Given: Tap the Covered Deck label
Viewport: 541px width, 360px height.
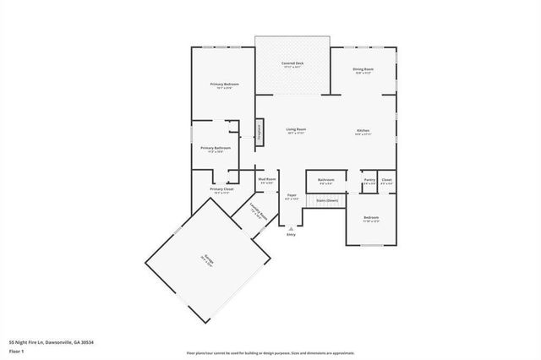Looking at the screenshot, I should point(292,64).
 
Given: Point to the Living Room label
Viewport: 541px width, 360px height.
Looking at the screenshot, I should point(296,129).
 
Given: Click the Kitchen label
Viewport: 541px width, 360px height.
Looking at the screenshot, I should point(363,130).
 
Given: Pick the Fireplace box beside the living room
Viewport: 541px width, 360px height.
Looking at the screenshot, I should point(260,130).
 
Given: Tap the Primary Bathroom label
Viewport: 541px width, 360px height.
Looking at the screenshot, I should point(216,149).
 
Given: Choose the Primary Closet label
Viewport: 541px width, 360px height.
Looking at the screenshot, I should point(222,189).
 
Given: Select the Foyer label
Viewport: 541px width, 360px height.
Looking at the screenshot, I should point(291,196).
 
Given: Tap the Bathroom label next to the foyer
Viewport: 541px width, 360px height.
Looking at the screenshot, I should point(325,180).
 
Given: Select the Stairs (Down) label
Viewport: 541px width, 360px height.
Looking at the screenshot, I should point(326,199).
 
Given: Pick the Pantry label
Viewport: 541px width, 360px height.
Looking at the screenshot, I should point(369,180).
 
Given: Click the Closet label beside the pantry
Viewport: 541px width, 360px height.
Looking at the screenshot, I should point(386,180).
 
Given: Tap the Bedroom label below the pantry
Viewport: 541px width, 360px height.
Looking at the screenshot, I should point(371,218).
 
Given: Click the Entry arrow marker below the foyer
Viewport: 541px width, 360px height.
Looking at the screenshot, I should point(291,228).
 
